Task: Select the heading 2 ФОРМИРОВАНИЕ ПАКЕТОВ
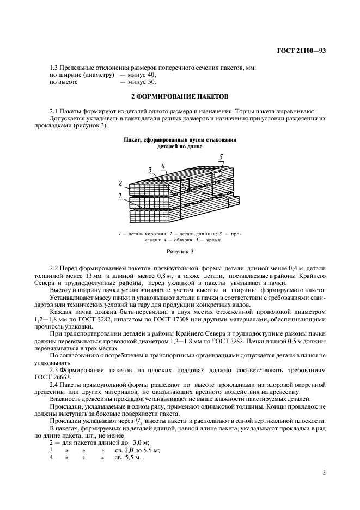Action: pyautogui.click(x=180, y=96)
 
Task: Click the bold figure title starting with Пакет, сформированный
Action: pyautogui.click(x=180, y=140)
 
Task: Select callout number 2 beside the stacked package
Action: pyautogui.click(x=120, y=183)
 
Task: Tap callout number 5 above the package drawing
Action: pyautogui.click(x=221, y=157)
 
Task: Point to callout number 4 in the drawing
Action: pyautogui.click(x=163, y=166)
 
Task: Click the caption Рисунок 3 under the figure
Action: pyautogui.click(x=180, y=252)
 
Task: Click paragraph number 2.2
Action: pyautogui.click(x=54, y=269)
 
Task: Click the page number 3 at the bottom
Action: pyautogui.click(x=324, y=472)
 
